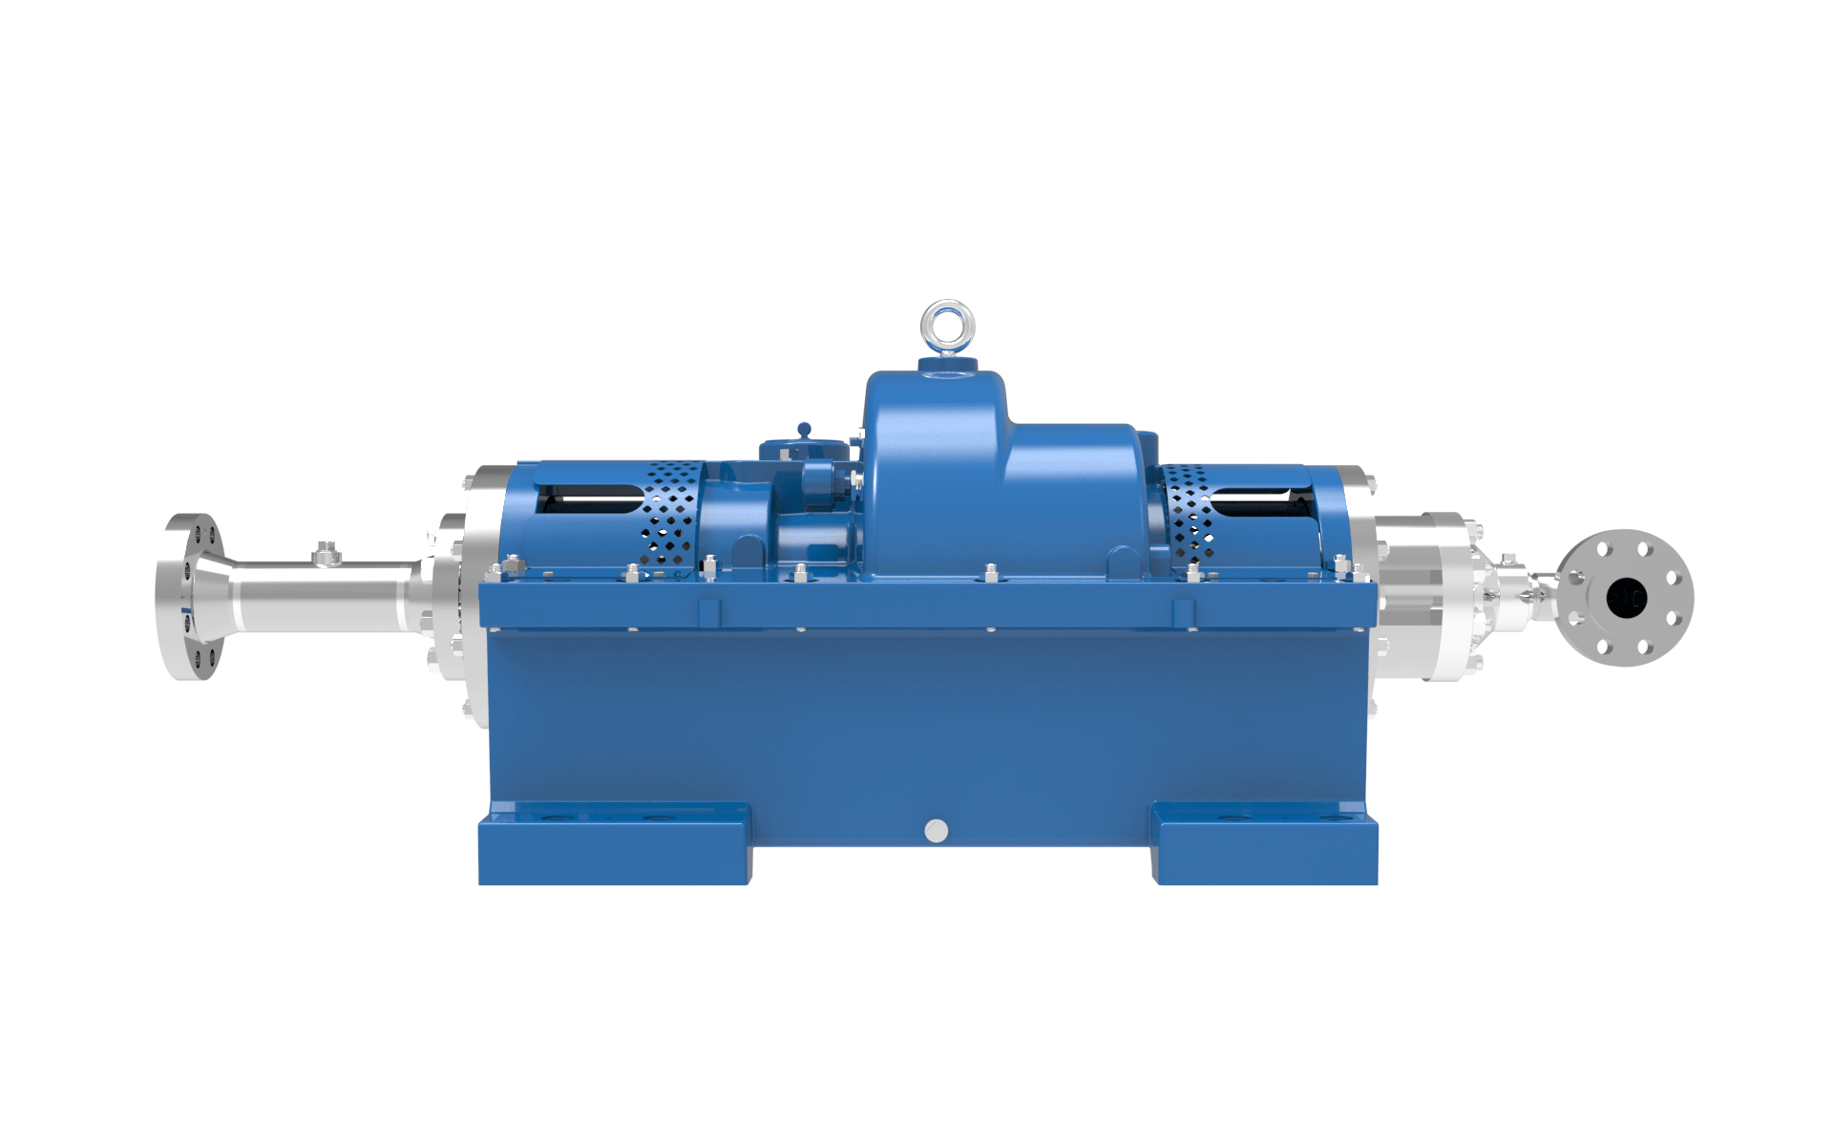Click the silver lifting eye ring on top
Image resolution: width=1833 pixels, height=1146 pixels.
[x=947, y=325]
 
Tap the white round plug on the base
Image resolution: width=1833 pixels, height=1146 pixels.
[x=937, y=831]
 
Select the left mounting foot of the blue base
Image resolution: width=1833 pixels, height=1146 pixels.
[x=614, y=845]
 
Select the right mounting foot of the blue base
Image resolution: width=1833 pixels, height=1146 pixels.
[x=1265, y=845]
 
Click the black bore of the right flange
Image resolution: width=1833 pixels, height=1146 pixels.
[x=1625, y=599]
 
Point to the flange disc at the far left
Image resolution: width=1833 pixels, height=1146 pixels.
[x=187, y=597]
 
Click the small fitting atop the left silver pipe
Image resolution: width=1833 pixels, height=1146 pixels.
[x=327, y=553]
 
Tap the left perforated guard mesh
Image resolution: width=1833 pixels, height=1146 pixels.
[x=672, y=516]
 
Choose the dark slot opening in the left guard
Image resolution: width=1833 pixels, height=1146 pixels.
[x=587, y=498]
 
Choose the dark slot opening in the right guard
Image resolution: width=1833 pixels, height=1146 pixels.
[x=1260, y=499]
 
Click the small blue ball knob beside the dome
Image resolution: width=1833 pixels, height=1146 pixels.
[x=804, y=430]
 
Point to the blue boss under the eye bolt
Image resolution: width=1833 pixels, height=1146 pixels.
[x=947, y=365]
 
